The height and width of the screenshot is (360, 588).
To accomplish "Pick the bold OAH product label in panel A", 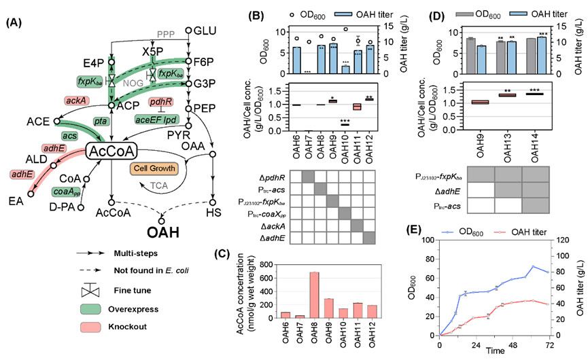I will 162,231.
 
